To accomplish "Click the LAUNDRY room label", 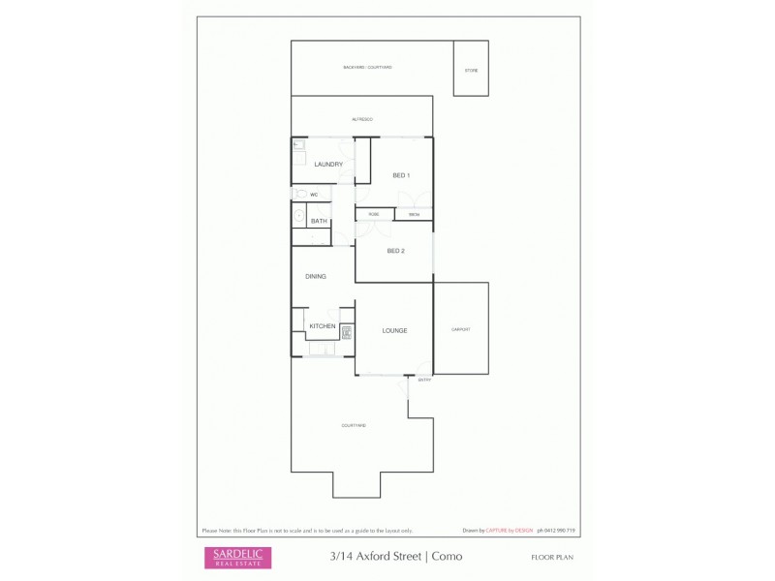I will click(x=328, y=165).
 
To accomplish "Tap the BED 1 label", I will click(x=401, y=175).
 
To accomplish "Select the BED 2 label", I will click(x=395, y=251).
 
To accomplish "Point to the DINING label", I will click(x=316, y=277).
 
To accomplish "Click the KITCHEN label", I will click(x=322, y=326).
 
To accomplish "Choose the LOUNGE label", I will click(x=394, y=331).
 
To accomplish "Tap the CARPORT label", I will click(x=461, y=329).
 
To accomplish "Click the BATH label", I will click(x=319, y=222).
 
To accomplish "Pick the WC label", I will click(x=314, y=195).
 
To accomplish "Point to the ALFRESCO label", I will click(x=362, y=119).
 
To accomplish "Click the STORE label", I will click(x=471, y=71).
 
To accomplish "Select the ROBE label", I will click(x=373, y=214).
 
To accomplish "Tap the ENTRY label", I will click(x=423, y=381).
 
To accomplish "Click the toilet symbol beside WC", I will click(x=299, y=194).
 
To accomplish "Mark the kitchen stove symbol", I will click(x=346, y=331).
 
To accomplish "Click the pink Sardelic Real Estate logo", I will click(x=237, y=557).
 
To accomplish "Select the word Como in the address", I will click(x=447, y=557).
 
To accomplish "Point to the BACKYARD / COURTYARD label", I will click(x=367, y=67).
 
